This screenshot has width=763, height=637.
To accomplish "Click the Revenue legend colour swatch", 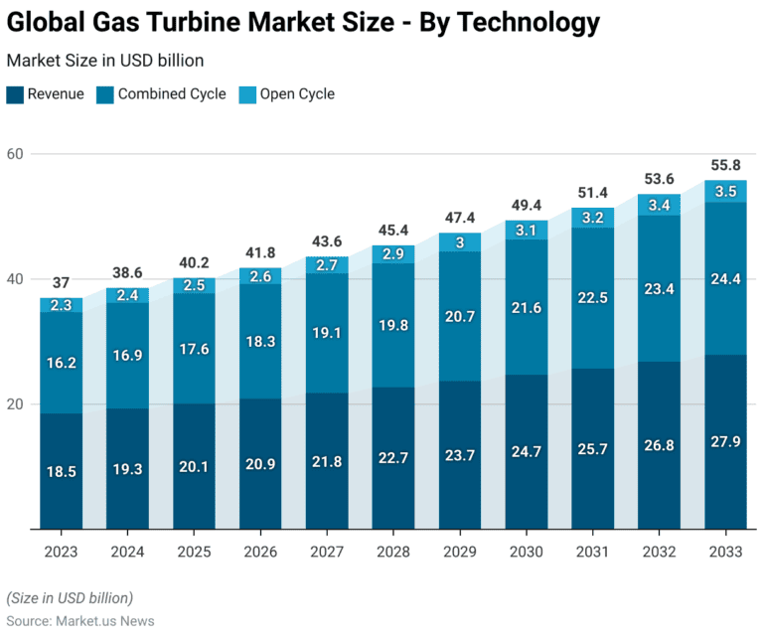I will coord(15,94).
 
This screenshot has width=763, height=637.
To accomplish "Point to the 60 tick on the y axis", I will coord(16,154).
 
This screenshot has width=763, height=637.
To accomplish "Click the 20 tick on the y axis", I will coord(16,404).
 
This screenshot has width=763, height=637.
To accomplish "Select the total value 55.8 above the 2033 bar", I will coord(725,165).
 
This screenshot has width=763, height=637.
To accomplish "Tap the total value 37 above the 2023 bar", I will coord(62,282).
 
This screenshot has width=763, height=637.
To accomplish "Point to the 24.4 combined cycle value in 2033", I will coord(725,279).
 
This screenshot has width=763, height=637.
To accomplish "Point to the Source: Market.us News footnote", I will coord(79,620).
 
